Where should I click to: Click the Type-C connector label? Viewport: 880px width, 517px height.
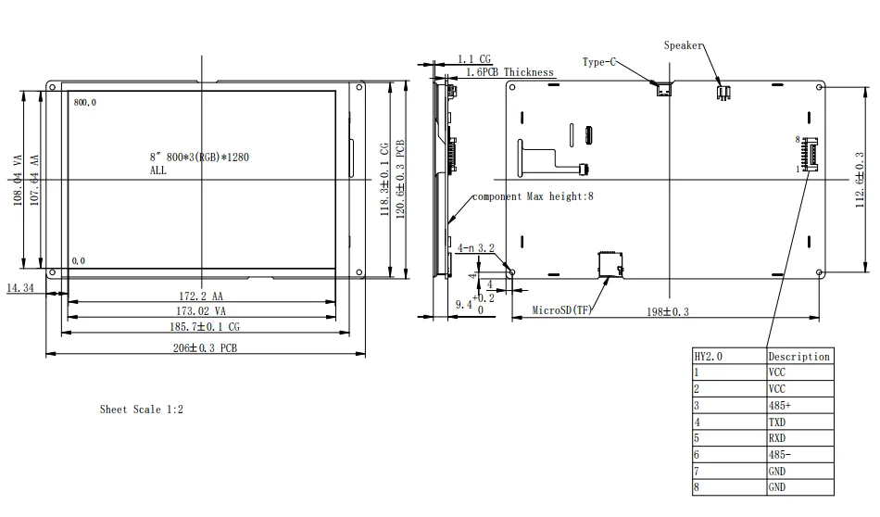(598, 62)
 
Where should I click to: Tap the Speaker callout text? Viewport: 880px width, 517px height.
(683, 45)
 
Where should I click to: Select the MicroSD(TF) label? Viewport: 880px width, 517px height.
(561, 309)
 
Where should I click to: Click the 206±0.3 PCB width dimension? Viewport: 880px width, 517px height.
(205, 348)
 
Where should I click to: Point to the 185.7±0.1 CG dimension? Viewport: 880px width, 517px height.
(205, 327)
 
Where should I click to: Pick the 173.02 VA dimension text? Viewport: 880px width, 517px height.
(201, 311)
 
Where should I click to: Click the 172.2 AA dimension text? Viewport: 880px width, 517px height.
(201, 296)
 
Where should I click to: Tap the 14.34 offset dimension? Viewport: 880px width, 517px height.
(20, 288)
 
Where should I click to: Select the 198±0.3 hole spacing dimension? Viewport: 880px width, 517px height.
(667, 311)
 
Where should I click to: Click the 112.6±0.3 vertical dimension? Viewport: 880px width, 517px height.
(860, 180)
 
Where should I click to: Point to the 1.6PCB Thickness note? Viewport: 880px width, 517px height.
(509, 72)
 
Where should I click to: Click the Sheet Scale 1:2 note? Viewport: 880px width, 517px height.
(142, 410)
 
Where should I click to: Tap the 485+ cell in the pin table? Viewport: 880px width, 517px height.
(780, 405)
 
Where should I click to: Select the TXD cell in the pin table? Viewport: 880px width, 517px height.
(777, 422)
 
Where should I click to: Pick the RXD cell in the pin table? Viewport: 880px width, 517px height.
(777, 438)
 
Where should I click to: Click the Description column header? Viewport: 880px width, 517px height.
(798, 357)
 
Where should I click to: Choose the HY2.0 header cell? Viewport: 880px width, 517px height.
(709, 357)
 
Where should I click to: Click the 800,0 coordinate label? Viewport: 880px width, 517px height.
(84, 102)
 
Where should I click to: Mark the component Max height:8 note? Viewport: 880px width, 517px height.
(533, 196)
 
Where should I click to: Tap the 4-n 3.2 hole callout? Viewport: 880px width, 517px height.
(476, 248)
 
